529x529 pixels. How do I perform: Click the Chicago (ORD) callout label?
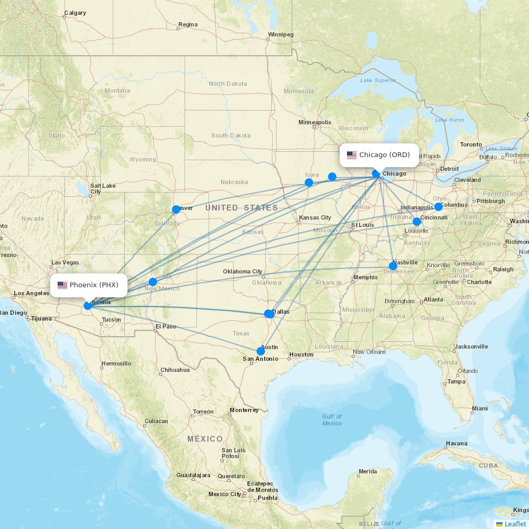[379, 155]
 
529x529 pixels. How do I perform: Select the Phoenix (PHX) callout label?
[89, 285]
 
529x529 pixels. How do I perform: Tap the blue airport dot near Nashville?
[393, 266]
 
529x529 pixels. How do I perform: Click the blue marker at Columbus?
[439, 207]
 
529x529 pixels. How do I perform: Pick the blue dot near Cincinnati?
[417, 222]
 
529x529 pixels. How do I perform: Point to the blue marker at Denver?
[176, 209]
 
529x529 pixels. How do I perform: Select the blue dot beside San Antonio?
[260, 351]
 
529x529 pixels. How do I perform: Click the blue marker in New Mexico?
[153, 282]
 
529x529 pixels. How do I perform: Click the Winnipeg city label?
[280, 35]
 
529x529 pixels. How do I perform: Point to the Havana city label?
[456, 443]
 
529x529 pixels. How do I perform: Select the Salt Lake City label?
[103, 188]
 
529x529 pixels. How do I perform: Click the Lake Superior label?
[378, 80]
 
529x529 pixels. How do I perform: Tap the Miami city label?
[480, 408]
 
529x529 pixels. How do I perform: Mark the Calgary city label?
[75, 13]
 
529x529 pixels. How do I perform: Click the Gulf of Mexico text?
[332, 419]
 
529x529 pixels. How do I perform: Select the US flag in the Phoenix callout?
[62, 285]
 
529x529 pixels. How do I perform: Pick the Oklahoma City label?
[242, 271]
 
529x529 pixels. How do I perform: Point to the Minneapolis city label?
[315, 122]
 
